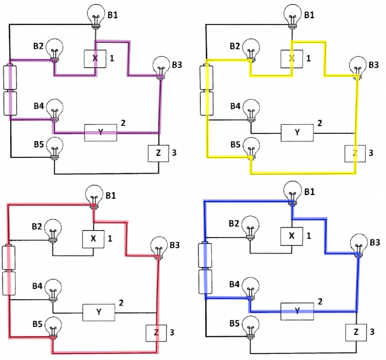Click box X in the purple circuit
[x=94, y=58]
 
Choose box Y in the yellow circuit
[x=297, y=132]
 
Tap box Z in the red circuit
[x=156, y=332]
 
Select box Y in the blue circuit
[x=297, y=311]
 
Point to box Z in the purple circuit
[x=158, y=153]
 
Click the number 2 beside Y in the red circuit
[x=121, y=302]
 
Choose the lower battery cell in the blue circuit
[x=205, y=282]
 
